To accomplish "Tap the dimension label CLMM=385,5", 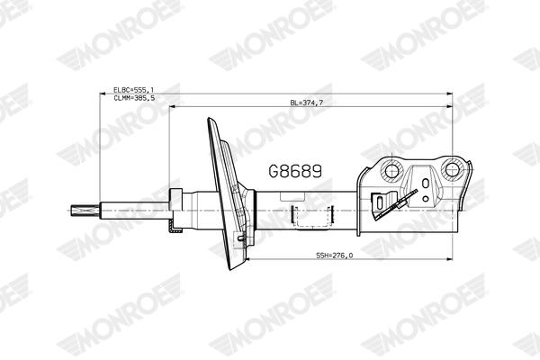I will [x=134, y=98].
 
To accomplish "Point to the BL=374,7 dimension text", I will [x=306, y=103].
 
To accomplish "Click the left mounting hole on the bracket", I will [x=391, y=169].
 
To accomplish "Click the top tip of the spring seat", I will [x=210, y=121].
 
